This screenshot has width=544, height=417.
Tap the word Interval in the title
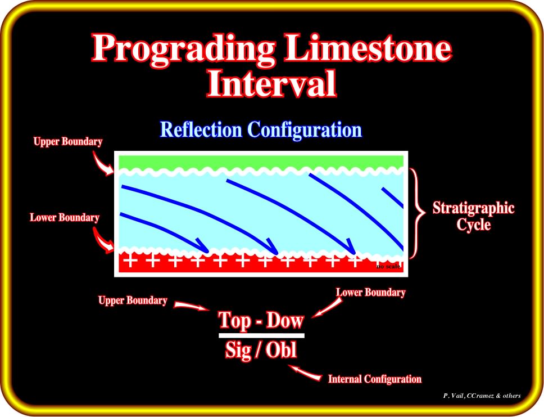tap(271, 83)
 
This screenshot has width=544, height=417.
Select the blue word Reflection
tap(201, 129)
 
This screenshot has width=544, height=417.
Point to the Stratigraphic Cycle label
tap(473, 216)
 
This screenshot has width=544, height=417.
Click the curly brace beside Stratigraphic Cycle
tap(418, 213)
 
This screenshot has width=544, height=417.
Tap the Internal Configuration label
tap(375, 379)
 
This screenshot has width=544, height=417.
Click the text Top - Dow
tap(261, 320)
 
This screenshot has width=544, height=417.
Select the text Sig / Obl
tap(261, 349)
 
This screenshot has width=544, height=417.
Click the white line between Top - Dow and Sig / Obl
tap(261, 335)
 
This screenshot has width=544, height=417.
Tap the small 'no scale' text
tap(388, 267)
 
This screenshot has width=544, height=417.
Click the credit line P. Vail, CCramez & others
tap(482, 396)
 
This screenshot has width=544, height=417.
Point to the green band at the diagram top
tap(261, 162)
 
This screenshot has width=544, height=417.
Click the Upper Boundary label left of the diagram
tap(68, 142)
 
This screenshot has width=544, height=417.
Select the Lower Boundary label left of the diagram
tap(65, 218)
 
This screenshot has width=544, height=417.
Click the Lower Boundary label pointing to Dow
tap(370, 293)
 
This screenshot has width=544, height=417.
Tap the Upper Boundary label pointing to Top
tap(133, 301)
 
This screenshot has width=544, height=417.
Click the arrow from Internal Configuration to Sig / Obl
tap(305, 373)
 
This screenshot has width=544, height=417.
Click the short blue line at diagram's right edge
tap(393, 198)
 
